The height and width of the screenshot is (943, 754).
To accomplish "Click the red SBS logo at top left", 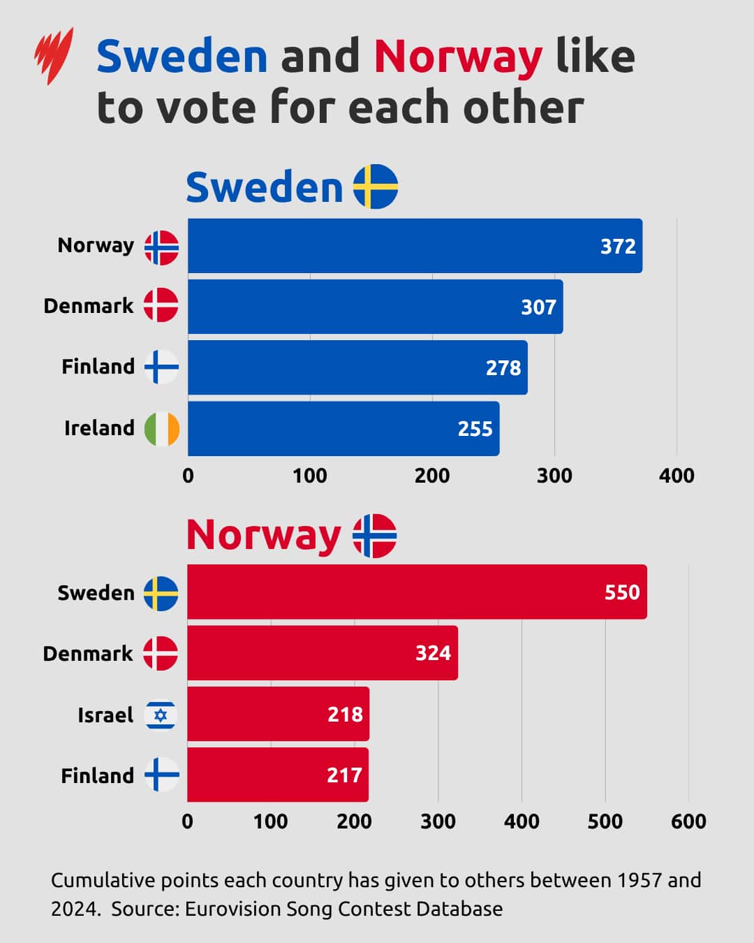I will (54, 56).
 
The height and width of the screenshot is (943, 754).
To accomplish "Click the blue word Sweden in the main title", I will (182, 57).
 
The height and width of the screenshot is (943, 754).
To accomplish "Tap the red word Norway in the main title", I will (458, 57).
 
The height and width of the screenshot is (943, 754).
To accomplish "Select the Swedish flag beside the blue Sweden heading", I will (376, 187).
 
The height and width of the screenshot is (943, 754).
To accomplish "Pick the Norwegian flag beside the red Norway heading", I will (374, 536).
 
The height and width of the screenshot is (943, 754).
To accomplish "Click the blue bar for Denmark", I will (375, 307).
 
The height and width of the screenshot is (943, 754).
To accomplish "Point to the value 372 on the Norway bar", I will (618, 247).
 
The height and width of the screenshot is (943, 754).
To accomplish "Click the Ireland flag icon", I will (162, 429).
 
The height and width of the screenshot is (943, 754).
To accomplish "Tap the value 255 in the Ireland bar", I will (475, 429).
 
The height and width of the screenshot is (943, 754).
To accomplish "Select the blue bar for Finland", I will (357, 368).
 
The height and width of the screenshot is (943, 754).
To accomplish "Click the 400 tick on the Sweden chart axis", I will (677, 476).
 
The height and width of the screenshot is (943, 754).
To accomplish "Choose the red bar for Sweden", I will (417, 592).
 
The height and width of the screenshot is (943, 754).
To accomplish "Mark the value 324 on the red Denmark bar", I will (433, 653).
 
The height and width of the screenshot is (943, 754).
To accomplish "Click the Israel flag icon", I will (161, 715).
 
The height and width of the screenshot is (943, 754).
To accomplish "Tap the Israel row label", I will (105, 715).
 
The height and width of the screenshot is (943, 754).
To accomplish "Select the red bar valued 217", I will (277, 775).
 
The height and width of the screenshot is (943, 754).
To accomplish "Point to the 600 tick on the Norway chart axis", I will (688, 821).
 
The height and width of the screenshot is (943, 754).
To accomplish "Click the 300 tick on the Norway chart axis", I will (438, 821).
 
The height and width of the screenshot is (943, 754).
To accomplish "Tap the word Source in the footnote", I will (145, 909).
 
